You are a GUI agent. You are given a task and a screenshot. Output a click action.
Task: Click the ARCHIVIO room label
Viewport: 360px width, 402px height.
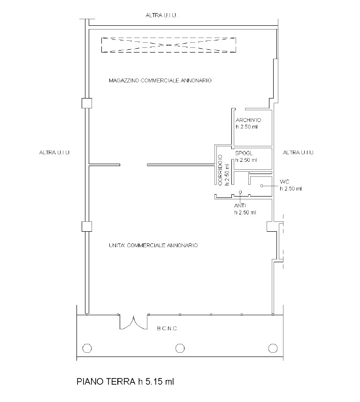(x=248, y=120)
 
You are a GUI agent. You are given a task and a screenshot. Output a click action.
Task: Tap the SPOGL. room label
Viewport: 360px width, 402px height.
(x=245, y=153)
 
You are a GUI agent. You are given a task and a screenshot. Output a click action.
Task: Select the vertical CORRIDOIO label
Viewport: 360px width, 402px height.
(x=220, y=170)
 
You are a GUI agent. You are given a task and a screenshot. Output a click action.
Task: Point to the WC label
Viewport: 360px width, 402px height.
(x=284, y=182)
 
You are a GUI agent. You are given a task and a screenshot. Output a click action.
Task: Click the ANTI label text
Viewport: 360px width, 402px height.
(x=240, y=205)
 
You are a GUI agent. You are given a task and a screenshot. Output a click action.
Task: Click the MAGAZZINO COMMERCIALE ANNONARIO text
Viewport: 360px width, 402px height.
(x=160, y=81)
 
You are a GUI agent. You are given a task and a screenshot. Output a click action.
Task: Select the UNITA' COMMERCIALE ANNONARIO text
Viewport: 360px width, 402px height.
(x=153, y=245)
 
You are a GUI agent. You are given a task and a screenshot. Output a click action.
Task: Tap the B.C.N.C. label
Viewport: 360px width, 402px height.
(x=167, y=328)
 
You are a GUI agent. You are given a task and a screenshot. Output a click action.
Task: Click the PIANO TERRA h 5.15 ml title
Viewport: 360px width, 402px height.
(x=125, y=381)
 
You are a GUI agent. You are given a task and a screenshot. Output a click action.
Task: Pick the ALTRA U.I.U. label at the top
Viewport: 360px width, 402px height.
(x=161, y=15)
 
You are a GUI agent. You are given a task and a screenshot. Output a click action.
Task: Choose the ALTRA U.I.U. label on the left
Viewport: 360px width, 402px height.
(x=54, y=152)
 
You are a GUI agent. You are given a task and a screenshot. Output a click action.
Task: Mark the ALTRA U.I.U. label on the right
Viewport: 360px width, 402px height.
(x=299, y=152)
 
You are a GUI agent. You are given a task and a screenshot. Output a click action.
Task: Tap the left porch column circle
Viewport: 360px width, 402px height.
(x=87, y=349)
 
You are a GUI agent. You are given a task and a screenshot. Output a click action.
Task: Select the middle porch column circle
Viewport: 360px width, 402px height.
(x=180, y=349)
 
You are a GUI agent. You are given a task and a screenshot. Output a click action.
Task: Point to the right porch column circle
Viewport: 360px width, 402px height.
(x=273, y=349)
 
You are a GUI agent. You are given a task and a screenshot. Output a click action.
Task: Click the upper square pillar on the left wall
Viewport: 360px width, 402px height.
(x=87, y=103)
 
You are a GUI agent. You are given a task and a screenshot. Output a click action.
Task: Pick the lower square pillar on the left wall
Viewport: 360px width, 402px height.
(x=87, y=227)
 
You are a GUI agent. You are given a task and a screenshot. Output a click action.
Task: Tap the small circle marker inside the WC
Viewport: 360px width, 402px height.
(x=262, y=186)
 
